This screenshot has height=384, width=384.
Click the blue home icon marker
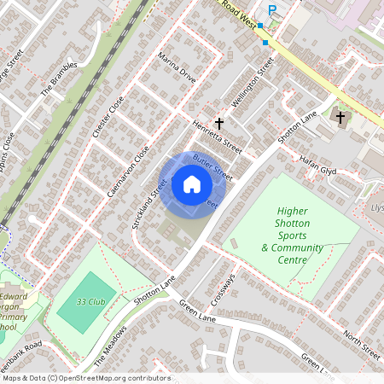192,184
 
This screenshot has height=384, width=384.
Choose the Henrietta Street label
218,137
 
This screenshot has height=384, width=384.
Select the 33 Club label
90,301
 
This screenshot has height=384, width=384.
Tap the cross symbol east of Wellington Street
340,117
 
